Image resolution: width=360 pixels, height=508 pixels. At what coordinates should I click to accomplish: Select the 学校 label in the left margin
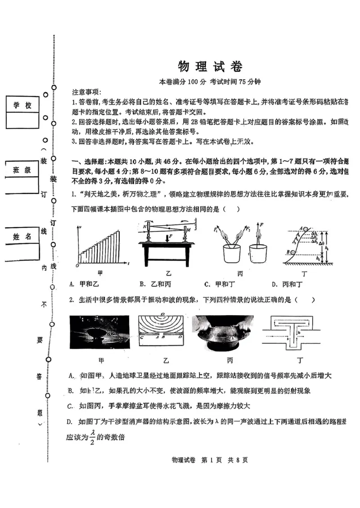[x=22, y=105]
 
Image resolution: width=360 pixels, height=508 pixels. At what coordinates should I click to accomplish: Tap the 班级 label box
[x=22, y=170]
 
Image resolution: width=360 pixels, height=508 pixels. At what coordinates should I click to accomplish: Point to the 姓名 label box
[x=22, y=236]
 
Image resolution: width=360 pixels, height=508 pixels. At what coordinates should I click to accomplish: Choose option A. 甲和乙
[x=85, y=284]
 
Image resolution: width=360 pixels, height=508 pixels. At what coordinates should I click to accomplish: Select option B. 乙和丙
[x=154, y=284]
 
